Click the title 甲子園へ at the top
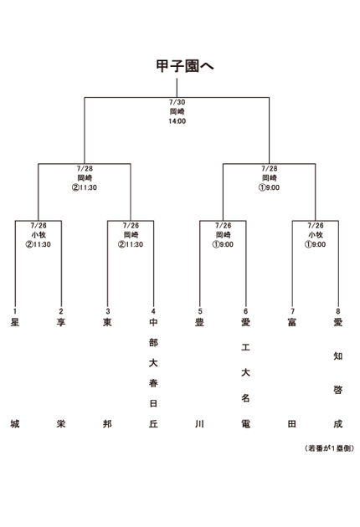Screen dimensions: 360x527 pos(185,66)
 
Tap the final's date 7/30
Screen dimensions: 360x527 pos(177,102)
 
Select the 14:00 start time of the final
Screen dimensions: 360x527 pos(177,121)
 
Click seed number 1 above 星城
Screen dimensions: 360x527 pos(15,311)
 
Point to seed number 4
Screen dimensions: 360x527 pos(153,311)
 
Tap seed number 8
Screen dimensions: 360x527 pos(338,311)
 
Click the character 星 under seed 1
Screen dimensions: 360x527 pos(15,322)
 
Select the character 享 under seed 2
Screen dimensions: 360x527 pos(61,322)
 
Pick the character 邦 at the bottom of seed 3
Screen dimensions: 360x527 pos(107,424)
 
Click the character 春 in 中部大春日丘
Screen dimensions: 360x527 pos(153,383)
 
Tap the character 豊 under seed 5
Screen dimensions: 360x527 pos(199,322)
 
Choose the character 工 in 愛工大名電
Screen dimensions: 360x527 pos(245,347)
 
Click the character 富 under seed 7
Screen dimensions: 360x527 pos(292,322)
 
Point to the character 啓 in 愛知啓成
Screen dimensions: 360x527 pos(338,390)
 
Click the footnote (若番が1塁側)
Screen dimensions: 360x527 pos(329,448)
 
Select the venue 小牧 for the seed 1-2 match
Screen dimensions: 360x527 pos(39,235)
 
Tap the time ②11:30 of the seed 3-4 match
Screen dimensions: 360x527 pos(131,244)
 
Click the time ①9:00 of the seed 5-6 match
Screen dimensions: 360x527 pos(223,244)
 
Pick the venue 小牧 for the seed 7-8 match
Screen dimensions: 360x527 pos(316,235)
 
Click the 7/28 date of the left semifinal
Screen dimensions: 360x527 pos(85,168)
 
